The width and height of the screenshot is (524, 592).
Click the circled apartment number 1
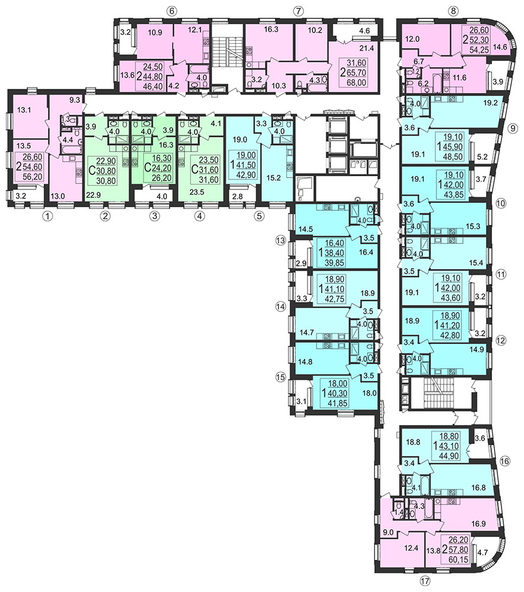click(x=47, y=216)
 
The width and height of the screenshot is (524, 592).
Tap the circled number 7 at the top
click(x=298, y=11)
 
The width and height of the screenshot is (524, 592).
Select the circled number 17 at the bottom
click(x=425, y=581)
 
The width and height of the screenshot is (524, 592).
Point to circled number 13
click(x=281, y=240)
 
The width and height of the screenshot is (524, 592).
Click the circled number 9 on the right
click(x=512, y=128)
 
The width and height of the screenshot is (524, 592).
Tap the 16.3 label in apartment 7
click(x=271, y=29)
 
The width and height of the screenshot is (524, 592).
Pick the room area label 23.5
click(x=197, y=192)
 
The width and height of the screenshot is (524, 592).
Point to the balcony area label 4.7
click(x=483, y=553)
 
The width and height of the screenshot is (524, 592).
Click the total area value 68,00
click(x=356, y=82)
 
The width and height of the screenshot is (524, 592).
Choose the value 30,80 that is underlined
click(x=106, y=170)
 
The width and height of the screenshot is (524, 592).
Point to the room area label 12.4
click(x=411, y=548)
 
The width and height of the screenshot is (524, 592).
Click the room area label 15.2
click(x=273, y=178)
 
